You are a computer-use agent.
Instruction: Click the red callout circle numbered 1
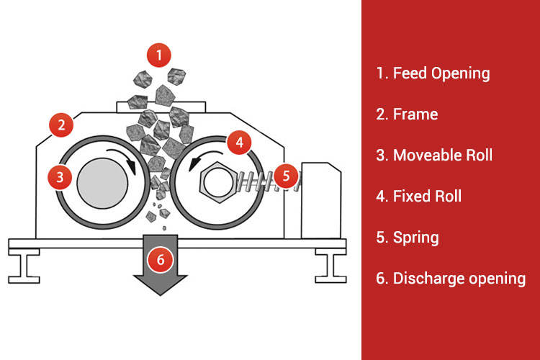pyautogui.click(x=159, y=53)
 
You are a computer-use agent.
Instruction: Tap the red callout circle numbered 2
pyautogui.click(x=61, y=125)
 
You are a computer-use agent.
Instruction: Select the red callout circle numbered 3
pyautogui.click(x=60, y=175)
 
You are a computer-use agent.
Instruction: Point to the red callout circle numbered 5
pyautogui.click(x=286, y=175)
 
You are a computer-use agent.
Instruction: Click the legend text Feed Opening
pyautogui.click(x=432, y=73)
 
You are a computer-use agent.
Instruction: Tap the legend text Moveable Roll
pyautogui.click(x=433, y=155)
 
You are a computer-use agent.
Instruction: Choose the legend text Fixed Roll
pyautogui.click(x=418, y=196)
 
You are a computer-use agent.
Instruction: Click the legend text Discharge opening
pyautogui.click(x=450, y=278)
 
